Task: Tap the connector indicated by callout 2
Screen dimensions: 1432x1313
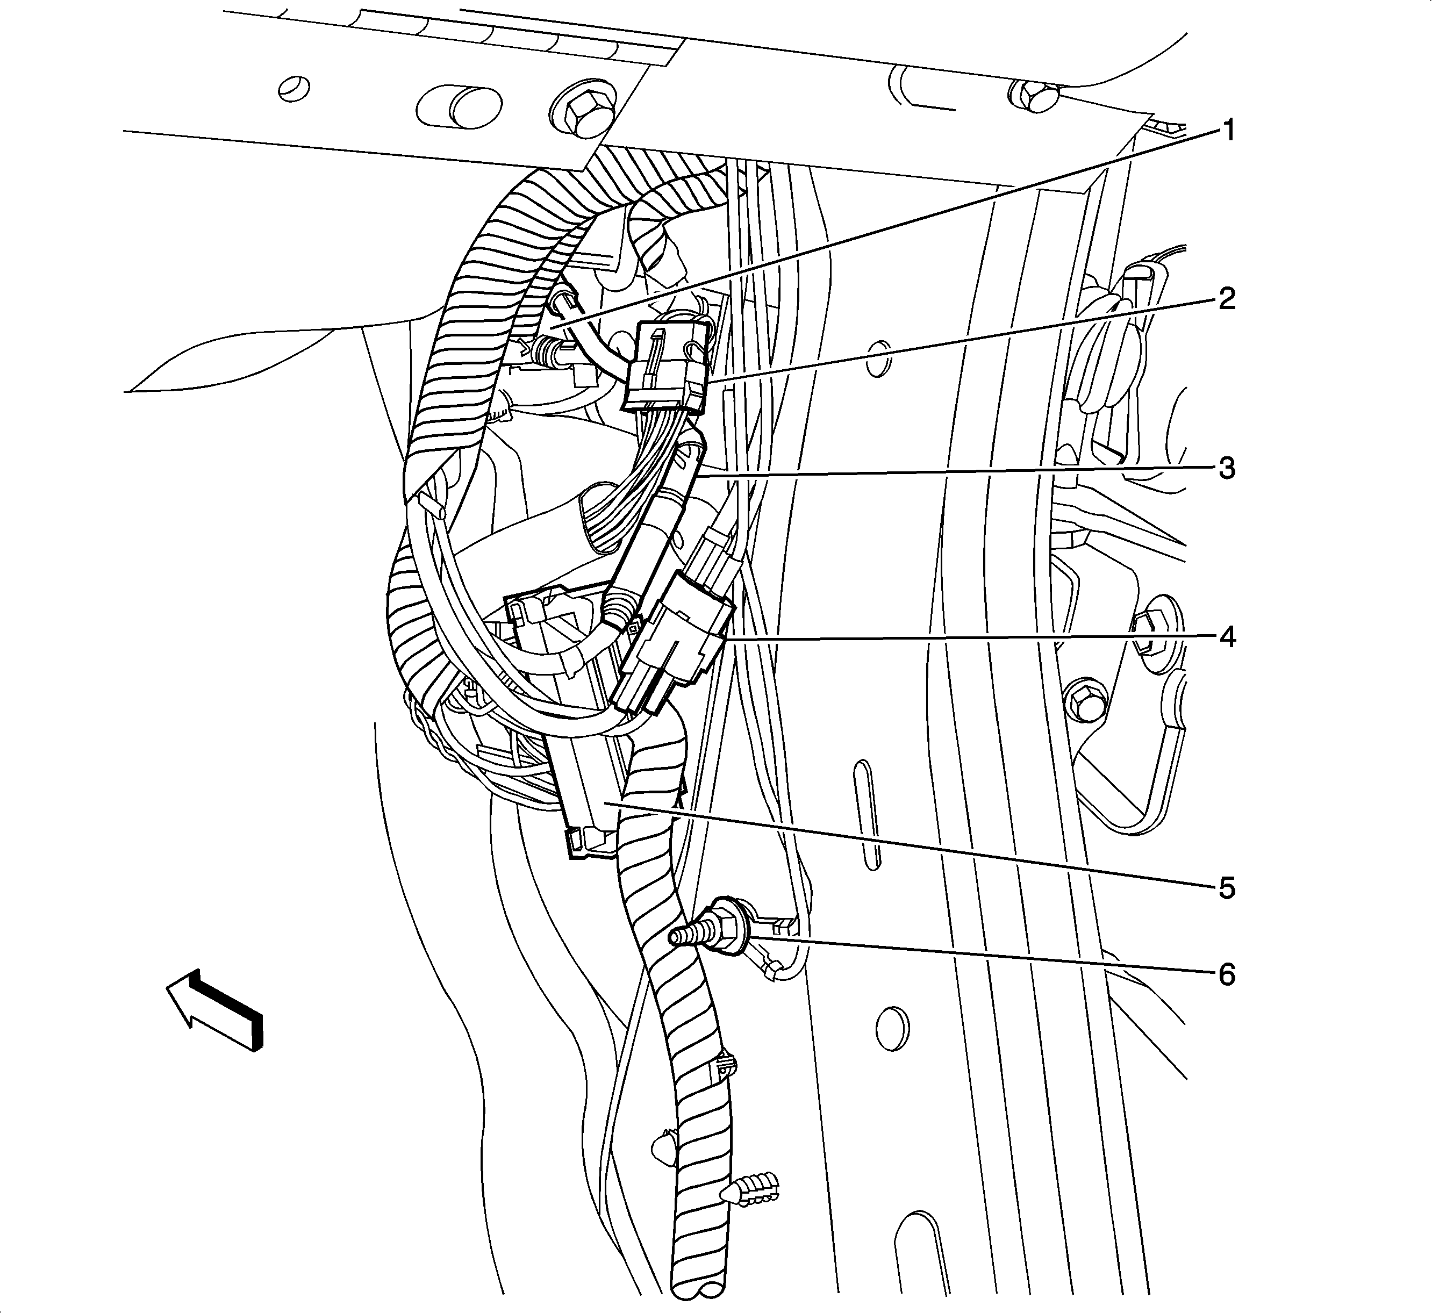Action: click(x=666, y=367)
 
